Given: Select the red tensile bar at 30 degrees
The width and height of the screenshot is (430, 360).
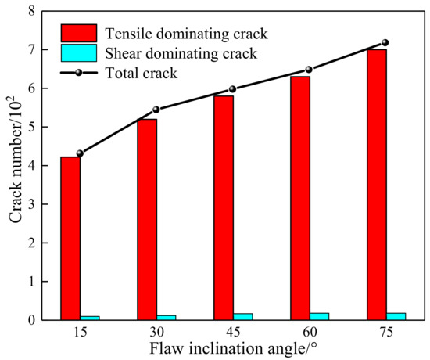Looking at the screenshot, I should click(x=145, y=219).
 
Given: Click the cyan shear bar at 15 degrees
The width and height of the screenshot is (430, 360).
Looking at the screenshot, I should click(x=89, y=318).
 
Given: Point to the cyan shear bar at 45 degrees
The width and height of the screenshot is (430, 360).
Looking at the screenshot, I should click(x=242, y=317).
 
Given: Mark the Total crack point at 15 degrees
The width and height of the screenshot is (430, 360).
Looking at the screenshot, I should click(x=80, y=153).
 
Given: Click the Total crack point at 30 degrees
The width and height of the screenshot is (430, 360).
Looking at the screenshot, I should click(x=156, y=110).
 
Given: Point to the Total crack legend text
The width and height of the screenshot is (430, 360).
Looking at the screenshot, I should click(x=144, y=72).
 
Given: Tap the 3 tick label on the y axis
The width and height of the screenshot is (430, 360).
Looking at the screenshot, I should click(x=31, y=204).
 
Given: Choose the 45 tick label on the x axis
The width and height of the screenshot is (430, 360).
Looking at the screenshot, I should click(x=232, y=333).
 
